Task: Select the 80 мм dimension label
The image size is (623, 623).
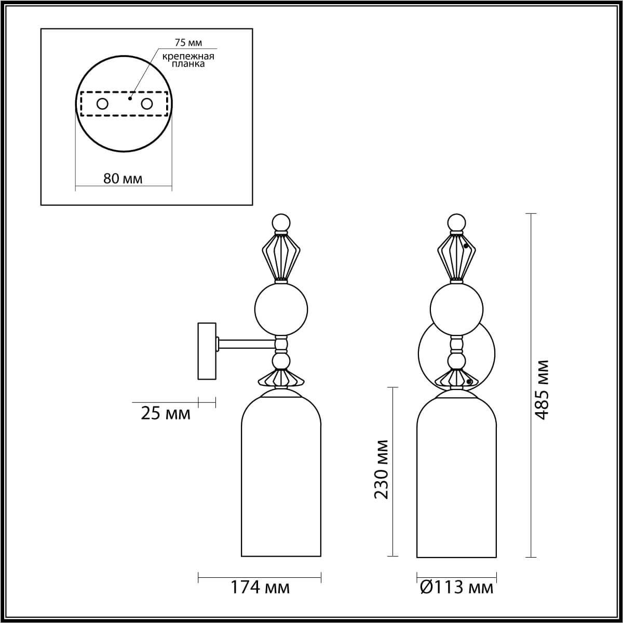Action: pyautogui.click(x=123, y=179)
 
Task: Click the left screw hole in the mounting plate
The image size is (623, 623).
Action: pyautogui.click(x=102, y=104)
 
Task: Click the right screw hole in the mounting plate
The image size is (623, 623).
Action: pyautogui.click(x=147, y=104)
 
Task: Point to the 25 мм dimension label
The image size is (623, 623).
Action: pyautogui.click(x=166, y=414)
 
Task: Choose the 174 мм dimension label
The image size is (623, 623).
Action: pyautogui.click(x=260, y=588)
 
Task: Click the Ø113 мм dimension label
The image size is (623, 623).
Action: pyautogui.click(x=456, y=588)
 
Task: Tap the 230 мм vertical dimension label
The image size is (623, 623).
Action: pyautogui.click(x=382, y=469)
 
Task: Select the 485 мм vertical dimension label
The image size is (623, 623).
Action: pyautogui.click(x=541, y=389)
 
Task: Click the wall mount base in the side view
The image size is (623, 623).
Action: pyautogui.click(x=207, y=351)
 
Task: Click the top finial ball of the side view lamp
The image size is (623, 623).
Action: pyautogui.click(x=281, y=222)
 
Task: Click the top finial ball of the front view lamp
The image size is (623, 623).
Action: pyautogui.click(x=456, y=222)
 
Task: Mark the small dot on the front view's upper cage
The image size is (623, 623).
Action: pyautogui.click(x=466, y=246)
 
